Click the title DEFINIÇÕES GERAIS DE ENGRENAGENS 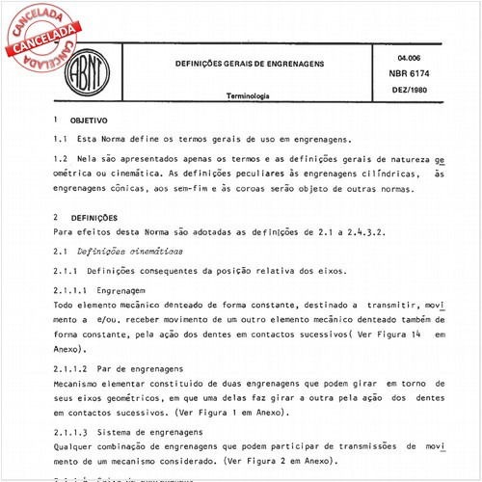pos(249,64)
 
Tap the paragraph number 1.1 pos(61,140)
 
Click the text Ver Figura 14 pos(380,335)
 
